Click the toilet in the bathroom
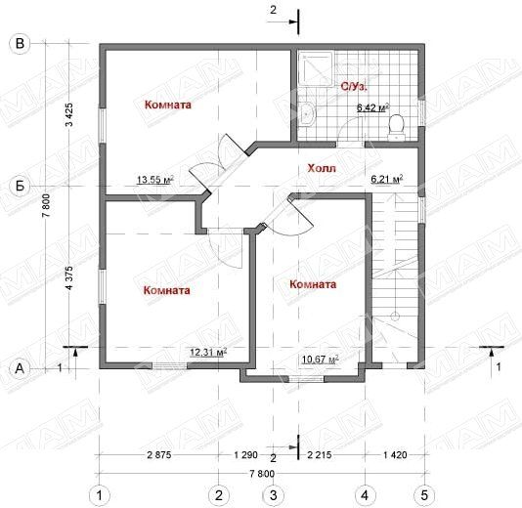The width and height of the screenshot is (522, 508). [397, 127]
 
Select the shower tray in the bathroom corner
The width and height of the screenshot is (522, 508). [316, 68]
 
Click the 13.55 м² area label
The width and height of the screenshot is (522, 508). [155, 180]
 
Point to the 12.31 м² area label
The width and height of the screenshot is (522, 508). [208, 352]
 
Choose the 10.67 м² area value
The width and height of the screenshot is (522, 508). [321, 360]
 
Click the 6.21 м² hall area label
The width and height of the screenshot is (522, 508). [387, 179]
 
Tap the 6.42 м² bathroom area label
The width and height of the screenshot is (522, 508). [372, 107]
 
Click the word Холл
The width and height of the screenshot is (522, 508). [322, 168]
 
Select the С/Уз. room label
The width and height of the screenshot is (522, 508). [354, 87]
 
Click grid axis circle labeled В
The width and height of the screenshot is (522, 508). [20, 44]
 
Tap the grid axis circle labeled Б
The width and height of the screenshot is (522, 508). [20, 186]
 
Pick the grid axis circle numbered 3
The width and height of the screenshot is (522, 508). [273, 495]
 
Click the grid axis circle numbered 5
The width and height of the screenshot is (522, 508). [424, 495]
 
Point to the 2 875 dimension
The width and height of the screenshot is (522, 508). [159, 455]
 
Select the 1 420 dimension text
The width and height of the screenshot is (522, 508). [395, 455]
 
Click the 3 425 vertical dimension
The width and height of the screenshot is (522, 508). [69, 114]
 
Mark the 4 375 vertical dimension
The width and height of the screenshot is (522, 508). [69, 277]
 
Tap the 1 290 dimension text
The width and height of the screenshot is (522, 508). [246, 455]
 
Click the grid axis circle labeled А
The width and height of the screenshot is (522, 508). [20, 368]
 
